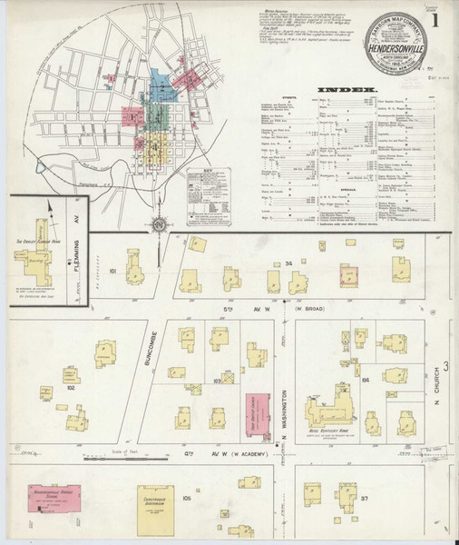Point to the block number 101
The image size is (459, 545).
click(113, 271)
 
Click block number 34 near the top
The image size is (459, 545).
click(288, 264)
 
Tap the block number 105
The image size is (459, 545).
click(186, 499)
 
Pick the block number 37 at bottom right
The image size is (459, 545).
click(363, 499)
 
